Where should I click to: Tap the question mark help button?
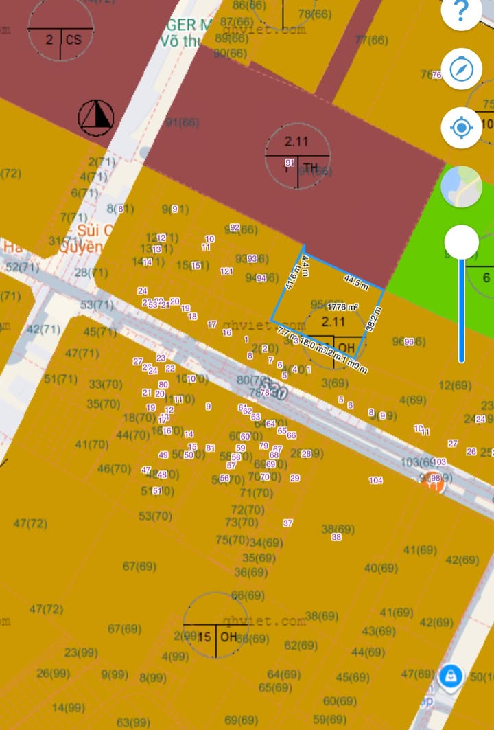tap(461, 12)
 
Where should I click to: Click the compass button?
tap(461, 69)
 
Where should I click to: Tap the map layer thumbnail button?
tap(461, 187)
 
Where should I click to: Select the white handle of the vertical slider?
tap(461, 242)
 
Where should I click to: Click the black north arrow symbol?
tap(95, 117)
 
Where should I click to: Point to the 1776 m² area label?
tap(343, 307)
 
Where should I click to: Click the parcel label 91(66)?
tap(182, 122)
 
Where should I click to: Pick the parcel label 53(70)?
tap(155, 516)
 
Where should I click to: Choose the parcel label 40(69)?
tap(381, 568)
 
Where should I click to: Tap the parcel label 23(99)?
tap(81, 652)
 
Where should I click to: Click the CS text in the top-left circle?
tap(73, 40)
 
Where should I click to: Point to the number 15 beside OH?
tap(204, 637)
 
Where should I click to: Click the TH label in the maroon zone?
tap(311, 168)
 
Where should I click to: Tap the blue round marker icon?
tap(451, 674)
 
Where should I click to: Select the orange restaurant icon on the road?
tap(434, 483)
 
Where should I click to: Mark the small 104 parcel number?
tap(376, 481)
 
